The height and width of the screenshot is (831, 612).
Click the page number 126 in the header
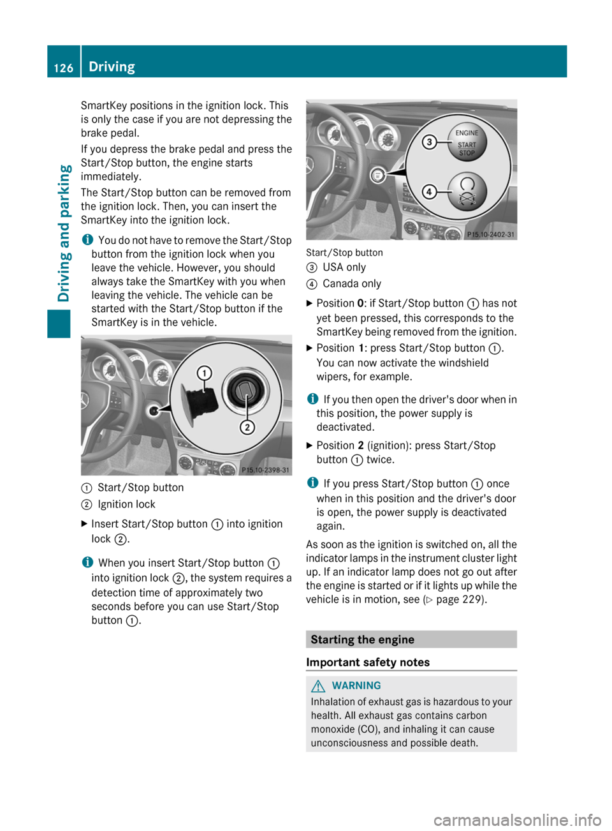(63, 68)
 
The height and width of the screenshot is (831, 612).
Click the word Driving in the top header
(112, 66)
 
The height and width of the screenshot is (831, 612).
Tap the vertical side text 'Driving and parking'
(64, 232)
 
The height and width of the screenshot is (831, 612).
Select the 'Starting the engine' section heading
(362, 640)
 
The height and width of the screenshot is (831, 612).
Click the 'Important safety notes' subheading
(368, 663)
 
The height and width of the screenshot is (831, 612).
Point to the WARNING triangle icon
(318, 686)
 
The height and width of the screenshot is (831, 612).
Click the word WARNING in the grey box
(356, 685)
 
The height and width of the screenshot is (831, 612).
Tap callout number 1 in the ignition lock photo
(204, 373)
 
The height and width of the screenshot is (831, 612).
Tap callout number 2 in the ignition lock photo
(247, 427)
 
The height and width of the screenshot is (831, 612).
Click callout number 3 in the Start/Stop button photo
(430, 142)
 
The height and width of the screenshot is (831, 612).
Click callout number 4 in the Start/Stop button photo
(430, 191)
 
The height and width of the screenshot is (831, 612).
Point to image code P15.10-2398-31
(265, 470)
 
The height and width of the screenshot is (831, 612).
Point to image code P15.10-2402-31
(490, 234)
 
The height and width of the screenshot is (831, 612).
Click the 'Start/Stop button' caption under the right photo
(344, 253)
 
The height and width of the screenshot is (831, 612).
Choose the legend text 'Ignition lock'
(126, 504)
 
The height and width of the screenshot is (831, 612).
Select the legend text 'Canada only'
(352, 284)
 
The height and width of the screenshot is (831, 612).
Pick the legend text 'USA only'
(344, 267)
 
